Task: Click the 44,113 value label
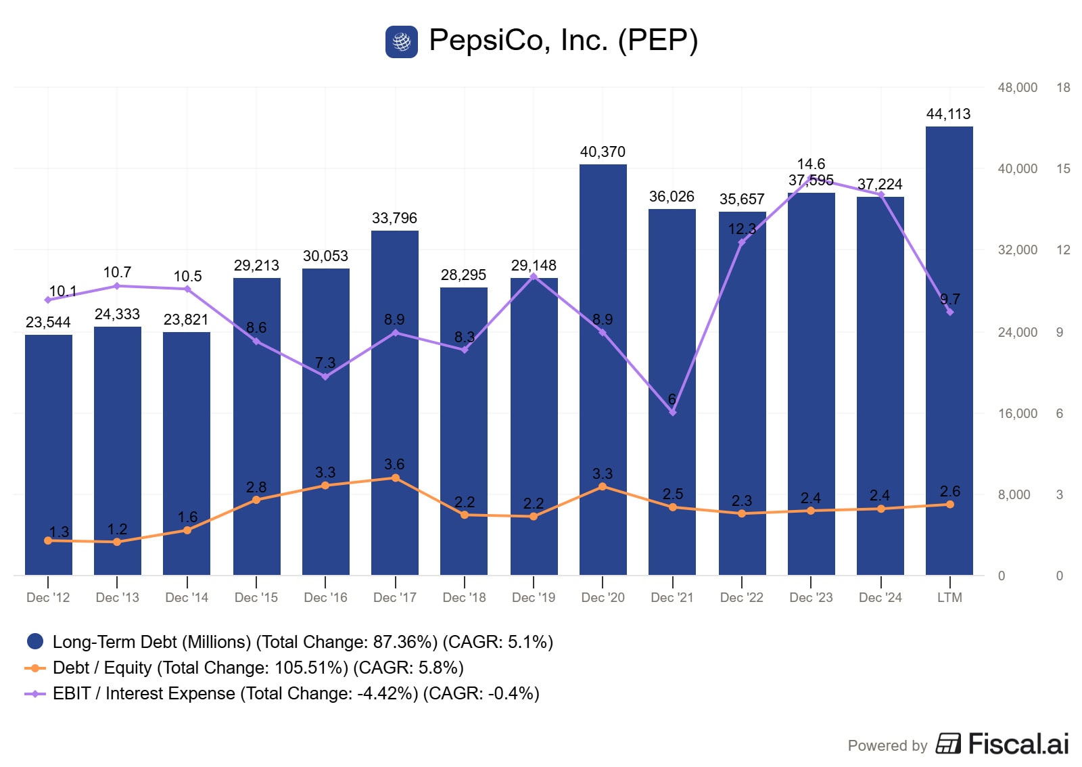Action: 948,114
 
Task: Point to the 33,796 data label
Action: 394,218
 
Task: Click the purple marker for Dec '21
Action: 672,412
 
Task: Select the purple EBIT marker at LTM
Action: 949,312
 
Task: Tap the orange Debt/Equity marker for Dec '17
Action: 395,478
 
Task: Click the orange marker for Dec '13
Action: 117,542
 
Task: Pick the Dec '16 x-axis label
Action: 325,598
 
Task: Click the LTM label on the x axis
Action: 949,598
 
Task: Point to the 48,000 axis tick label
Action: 1017,88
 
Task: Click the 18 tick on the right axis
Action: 1063,88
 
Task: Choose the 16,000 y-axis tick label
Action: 1017,414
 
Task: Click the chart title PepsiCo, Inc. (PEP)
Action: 563,41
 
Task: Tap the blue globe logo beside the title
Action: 402,42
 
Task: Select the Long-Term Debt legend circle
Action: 34,641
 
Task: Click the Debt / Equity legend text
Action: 258,668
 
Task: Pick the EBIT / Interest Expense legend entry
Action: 296,694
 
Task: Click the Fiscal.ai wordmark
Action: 1018,744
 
